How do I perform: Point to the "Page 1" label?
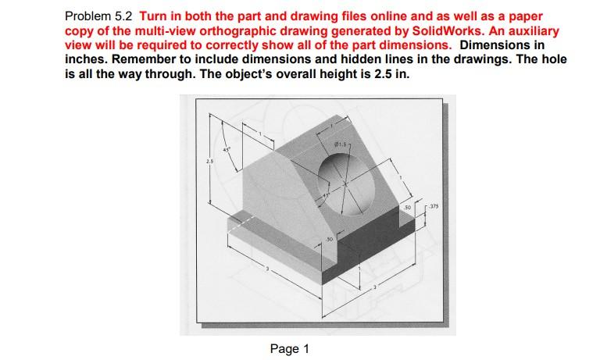tap(289, 349)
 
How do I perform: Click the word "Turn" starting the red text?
tap(153, 16)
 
